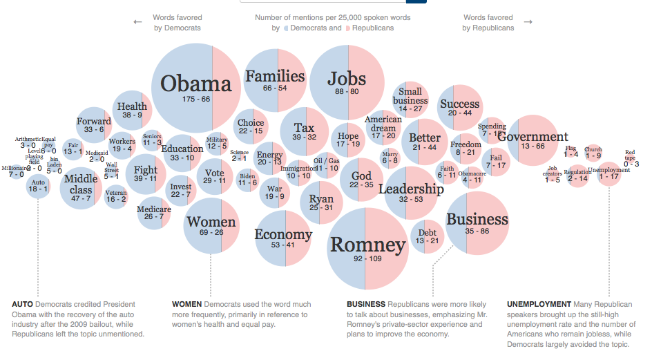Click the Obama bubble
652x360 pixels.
point(195,85)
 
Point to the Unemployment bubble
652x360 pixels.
point(609,173)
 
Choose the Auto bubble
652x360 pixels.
point(39,185)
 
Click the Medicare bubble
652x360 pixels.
point(154,212)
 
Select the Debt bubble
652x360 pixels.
point(428,236)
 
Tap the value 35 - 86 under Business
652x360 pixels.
point(477,231)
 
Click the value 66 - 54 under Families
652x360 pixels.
point(275,88)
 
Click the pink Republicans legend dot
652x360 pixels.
point(348,28)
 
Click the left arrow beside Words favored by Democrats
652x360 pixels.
point(137,21)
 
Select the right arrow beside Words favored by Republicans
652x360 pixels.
point(528,21)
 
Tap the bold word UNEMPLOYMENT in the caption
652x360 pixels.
point(539,304)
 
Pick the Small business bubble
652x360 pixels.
point(410,100)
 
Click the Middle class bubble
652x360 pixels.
point(81,187)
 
